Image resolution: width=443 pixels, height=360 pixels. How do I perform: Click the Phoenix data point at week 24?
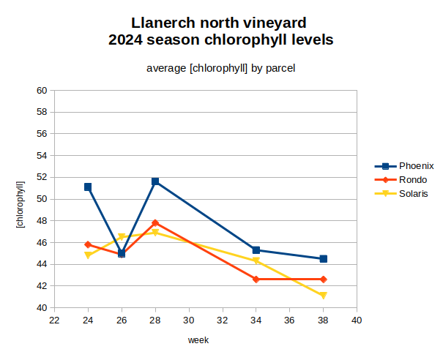coord(88,187)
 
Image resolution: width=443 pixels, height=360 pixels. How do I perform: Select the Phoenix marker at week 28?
coord(155,181)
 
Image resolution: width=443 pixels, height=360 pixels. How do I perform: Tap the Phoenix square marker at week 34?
coord(256,250)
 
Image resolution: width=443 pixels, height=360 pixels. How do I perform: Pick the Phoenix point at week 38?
coord(324,258)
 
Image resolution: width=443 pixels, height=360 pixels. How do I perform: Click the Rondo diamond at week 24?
coord(88,244)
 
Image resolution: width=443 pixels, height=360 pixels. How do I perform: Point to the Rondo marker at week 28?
coord(155,222)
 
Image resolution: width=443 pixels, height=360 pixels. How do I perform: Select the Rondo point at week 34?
coord(256,279)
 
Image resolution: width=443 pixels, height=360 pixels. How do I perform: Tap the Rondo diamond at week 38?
coord(324,279)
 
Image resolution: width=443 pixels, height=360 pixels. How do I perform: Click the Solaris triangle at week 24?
coord(88,255)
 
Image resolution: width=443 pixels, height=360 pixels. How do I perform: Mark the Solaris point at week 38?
coord(324,296)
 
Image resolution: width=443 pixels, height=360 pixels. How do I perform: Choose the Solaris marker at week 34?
coord(256,261)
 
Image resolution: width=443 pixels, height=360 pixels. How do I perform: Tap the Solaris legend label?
coord(414,193)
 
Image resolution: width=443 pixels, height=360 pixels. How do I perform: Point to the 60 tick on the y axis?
coord(42,91)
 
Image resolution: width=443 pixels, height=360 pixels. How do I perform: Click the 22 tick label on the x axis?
coord(54,320)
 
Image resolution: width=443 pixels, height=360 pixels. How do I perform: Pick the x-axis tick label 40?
coord(357,320)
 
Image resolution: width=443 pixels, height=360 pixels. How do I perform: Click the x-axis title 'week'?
coord(198,340)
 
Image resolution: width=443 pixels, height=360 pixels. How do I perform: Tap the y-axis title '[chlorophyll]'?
coord(21,200)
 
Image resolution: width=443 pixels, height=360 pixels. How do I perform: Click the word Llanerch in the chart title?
coord(164,23)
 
